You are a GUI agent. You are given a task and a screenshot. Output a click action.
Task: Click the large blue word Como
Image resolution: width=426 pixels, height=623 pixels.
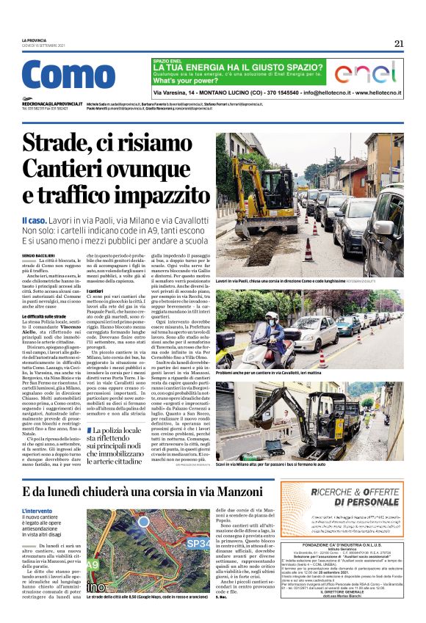[69, 76]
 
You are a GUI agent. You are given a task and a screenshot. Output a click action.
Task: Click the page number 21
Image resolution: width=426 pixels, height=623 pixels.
[399, 43]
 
